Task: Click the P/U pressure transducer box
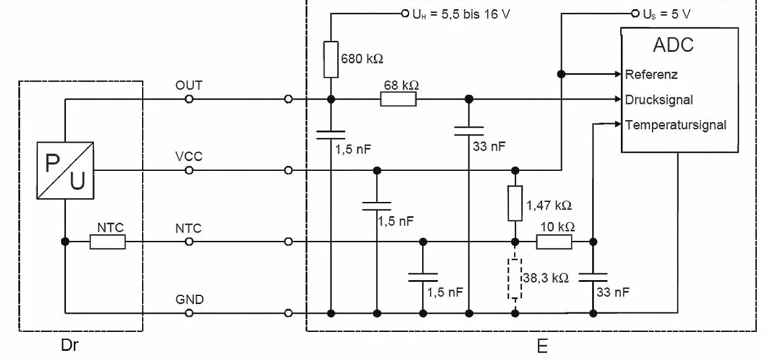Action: [65, 170]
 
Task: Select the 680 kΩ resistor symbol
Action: [331, 60]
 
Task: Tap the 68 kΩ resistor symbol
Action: [398, 99]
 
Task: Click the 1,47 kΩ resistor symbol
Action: [515, 203]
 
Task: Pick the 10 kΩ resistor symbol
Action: [554, 242]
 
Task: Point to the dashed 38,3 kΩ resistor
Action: [515, 279]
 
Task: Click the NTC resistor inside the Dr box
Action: [108, 242]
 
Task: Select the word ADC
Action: [673, 45]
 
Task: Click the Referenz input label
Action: [651, 74]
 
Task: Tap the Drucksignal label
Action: [659, 100]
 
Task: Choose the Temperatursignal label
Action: [675, 125]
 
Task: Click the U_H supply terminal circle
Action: [405, 13]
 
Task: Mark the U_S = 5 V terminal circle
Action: [635, 13]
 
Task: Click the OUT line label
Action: [189, 85]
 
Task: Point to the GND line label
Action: [190, 300]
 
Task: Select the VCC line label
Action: [189, 156]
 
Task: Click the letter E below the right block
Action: [542, 347]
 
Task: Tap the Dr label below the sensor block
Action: [70, 345]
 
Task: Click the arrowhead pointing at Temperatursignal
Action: [618, 124]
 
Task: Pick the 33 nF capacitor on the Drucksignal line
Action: [469, 131]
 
